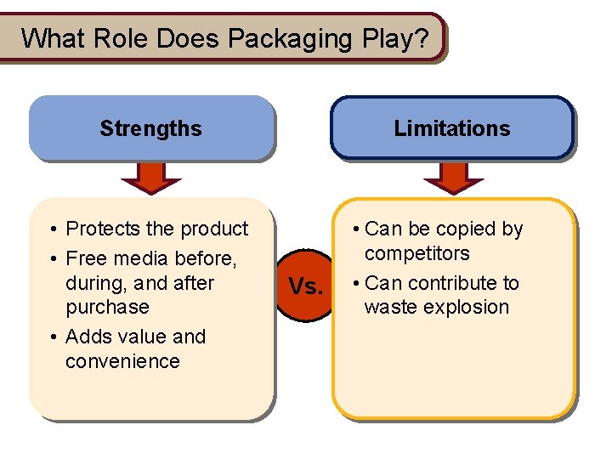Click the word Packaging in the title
tap(291, 39)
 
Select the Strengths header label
tap(150, 129)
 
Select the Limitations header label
tap(452, 129)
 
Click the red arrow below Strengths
tap(150, 176)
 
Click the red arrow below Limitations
tap(453, 176)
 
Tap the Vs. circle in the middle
tap(306, 286)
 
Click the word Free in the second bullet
tap(85, 258)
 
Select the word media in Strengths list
tap(140, 258)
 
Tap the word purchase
tap(107, 307)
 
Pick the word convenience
tap(122, 361)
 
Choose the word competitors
tap(416, 253)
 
